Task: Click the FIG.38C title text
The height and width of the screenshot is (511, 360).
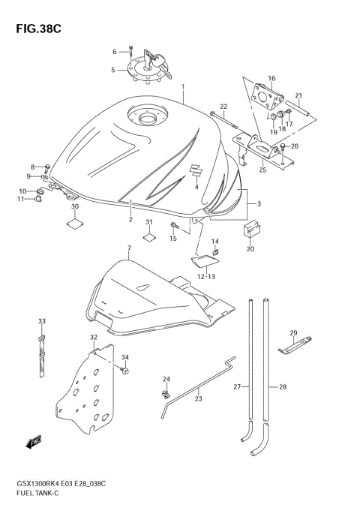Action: pos(36,29)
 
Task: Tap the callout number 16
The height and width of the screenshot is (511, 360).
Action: pos(271,78)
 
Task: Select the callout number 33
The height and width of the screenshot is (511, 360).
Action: pos(42,321)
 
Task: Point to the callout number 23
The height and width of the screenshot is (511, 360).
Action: pos(197,398)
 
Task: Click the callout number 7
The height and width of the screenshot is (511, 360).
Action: pos(129,248)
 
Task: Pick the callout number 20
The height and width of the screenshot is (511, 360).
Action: pos(250,249)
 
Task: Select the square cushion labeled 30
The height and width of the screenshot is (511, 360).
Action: pos(75,222)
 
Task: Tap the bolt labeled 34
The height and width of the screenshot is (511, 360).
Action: pos(124,371)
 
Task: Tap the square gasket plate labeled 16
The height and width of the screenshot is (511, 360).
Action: pos(266,97)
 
